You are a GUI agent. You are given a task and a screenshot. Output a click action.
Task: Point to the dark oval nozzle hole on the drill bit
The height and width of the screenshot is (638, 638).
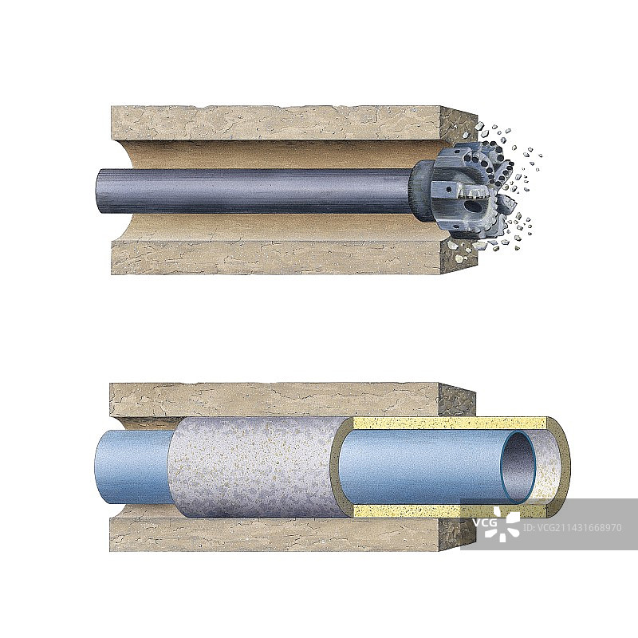tap(472, 204)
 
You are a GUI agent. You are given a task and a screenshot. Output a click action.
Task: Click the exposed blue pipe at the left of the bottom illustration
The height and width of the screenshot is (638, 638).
tap(132, 468)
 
